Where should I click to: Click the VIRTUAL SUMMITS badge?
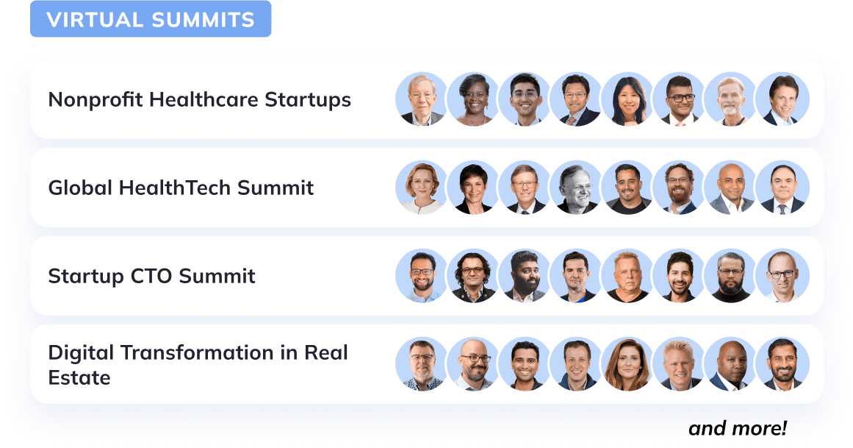(x=151, y=20)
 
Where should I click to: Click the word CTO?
(x=151, y=277)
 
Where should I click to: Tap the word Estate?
(x=79, y=378)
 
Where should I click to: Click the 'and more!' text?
(x=737, y=428)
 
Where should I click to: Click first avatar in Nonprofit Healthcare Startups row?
(x=421, y=99)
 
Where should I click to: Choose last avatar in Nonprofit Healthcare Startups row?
(x=782, y=99)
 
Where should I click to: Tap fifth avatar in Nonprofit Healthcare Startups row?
(x=627, y=99)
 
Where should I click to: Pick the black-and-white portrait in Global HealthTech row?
(x=575, y=188)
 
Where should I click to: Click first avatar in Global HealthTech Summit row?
(x=421, y=188)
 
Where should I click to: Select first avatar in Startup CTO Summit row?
(x=421, y=276)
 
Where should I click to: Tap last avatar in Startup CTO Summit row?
(x=782, y=276)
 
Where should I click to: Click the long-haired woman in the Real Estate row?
(x=627, y=364)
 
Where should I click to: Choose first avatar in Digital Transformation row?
(x=421, y=364)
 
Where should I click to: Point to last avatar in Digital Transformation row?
(x=782, y=364)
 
